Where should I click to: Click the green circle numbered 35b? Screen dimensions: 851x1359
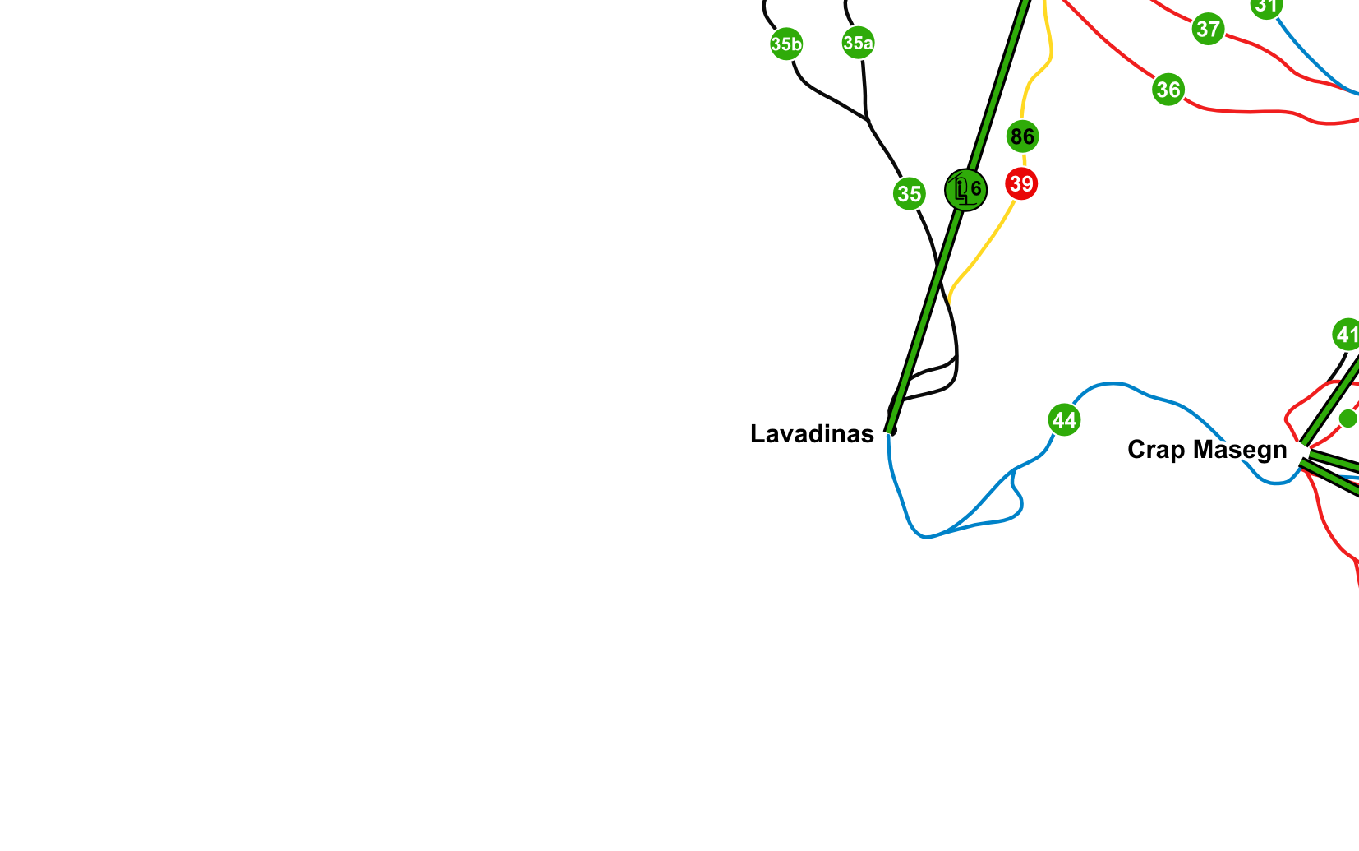(x=786, y=44)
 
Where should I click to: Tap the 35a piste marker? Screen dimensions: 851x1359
(x=858, y=42)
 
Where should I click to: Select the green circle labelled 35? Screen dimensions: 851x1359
(x=909, y=193)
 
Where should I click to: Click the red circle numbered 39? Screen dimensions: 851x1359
(x=1021, y=183)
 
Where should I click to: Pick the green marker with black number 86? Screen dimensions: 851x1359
(x=1022, y=136)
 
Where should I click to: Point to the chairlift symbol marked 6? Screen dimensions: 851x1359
(x=966, y=190)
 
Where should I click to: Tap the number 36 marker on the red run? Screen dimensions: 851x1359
(x=1168, y=89)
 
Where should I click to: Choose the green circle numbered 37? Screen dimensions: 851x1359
(x=1208, y=29)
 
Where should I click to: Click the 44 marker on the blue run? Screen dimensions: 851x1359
(x=1064, y=420)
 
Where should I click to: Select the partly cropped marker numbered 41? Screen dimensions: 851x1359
(x=1347, y=335)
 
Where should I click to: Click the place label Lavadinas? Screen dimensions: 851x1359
(x=812, y=434)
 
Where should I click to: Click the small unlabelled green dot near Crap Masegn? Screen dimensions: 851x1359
(x=1347, y=419)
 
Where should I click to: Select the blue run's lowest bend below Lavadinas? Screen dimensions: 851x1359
(x=925, y=537)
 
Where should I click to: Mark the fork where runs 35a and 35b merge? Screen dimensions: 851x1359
(x=868, y=120)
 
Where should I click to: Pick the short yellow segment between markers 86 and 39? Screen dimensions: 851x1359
(x=1023, y=159)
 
